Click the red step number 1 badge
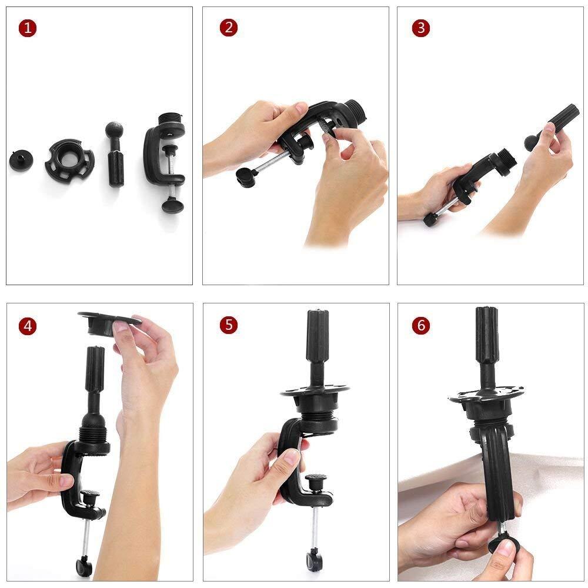click(x=28, y=28)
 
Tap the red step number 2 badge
click(x=229, y=28)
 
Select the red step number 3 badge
click(x=420, y=28)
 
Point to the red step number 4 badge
click(x=28, y=325)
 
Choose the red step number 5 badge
click(x=229, y=325)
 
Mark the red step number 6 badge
click(x=420, y=325)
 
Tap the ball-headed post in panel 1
click(x=115, y=155)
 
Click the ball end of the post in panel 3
click(x=530, y=142)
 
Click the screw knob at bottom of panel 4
click(x=83, y=566)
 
